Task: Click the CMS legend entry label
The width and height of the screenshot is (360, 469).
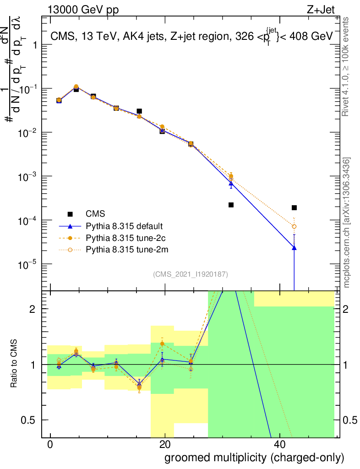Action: [95, 213]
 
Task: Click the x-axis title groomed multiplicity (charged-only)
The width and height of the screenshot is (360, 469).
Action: [254, 458]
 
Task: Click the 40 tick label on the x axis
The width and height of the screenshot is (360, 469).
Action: [279, 445]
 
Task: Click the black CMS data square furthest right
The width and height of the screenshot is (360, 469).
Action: [294, 207]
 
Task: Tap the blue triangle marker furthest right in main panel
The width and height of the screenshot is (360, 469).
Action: [294, 248]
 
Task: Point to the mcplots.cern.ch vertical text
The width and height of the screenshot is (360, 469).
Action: [347, 223]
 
